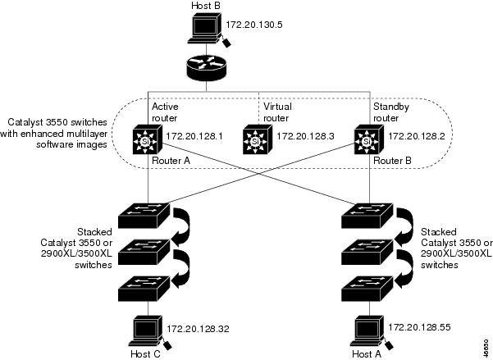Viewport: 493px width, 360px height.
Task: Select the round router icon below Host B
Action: click(x=204, y=66)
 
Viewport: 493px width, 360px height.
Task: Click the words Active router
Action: click(x=165, y=112)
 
